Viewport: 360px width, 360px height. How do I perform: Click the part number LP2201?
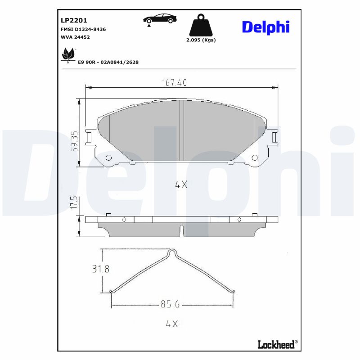[74, 20]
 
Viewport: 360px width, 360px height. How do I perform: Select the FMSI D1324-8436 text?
[83, 29]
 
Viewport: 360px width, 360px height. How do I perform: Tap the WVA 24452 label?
[75, 37]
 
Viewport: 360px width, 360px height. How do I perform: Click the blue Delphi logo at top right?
[265, 27]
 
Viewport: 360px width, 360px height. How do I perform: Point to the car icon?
[159, 19]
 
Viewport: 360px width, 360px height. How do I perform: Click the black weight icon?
[201, 26]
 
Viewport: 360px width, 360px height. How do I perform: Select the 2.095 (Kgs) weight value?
[201, 40]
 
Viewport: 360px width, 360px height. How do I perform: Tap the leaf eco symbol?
[67, 54]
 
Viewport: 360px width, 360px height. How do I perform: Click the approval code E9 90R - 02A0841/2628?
[108, 62]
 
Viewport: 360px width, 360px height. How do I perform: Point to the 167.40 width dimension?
[174, 82]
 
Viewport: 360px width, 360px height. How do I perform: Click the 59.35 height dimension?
[75, 141]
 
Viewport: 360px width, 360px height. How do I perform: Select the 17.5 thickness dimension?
[75, 202]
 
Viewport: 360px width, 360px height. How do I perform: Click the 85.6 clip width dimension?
[171, 305]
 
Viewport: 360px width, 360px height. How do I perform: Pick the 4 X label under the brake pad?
[180, 184]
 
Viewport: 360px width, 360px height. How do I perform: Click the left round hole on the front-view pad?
[108, 157]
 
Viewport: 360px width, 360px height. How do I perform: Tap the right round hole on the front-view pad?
[254, 157]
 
